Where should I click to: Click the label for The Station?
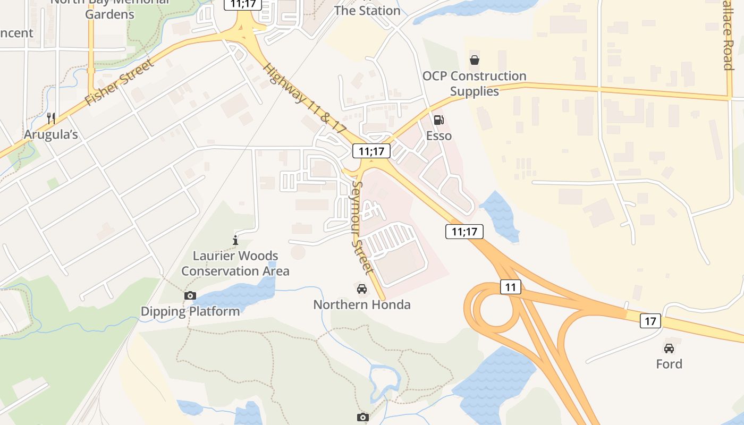coord(367,11)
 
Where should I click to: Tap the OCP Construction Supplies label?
coord(475,83)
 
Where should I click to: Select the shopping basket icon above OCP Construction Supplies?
coord(474,60)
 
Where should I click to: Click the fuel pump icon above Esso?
coord(438,121)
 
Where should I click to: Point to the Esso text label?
coord(439,136)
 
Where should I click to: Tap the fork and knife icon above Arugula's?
coord(51,118)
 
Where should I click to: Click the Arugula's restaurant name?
coord(51,135)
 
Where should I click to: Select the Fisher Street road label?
coord(119,82)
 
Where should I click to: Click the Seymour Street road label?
coord(363,227)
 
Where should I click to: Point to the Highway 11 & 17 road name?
coord(305,98)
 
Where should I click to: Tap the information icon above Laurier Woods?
coord(235,240)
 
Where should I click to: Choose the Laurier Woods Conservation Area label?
coord(235,263)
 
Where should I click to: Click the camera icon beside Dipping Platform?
coord(190,295)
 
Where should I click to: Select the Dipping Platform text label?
coord(190,311)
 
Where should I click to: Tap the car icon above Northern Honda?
coord(362,288)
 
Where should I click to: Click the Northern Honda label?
coord(362,305)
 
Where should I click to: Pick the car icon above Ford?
coord(669,348)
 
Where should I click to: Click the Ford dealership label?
coord(669,364)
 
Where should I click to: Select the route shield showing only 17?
coord(650,321)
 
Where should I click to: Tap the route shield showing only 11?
coord(510,287)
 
